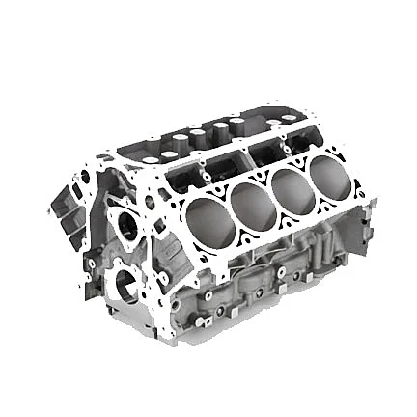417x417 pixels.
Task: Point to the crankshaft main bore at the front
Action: click(125, 284)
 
